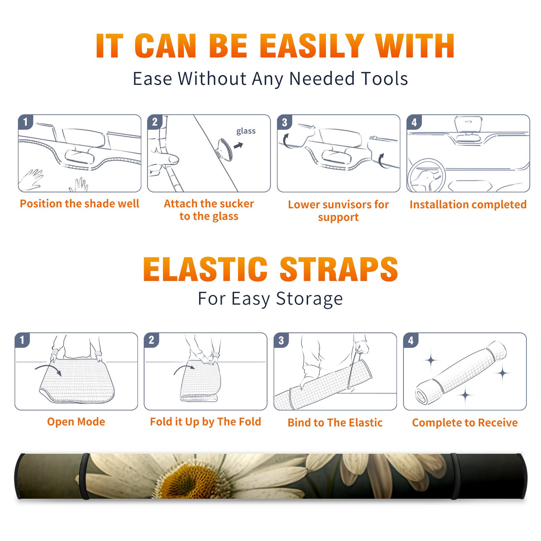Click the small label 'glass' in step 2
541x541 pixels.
point(246,131)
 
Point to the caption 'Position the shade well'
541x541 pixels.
point(79,204)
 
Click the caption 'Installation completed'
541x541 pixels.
point(468,204)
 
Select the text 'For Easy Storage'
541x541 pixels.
point(270,299)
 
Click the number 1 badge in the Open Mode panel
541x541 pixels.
point(22,340)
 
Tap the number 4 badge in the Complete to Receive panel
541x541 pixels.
point(411,340)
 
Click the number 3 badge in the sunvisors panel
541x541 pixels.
point(284,122)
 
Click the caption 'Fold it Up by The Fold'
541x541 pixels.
point(206,422)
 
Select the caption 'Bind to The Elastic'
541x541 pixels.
point(335,423)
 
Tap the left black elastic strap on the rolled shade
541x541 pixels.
point(85,476)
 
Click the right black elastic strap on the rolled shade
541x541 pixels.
point(455,476)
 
